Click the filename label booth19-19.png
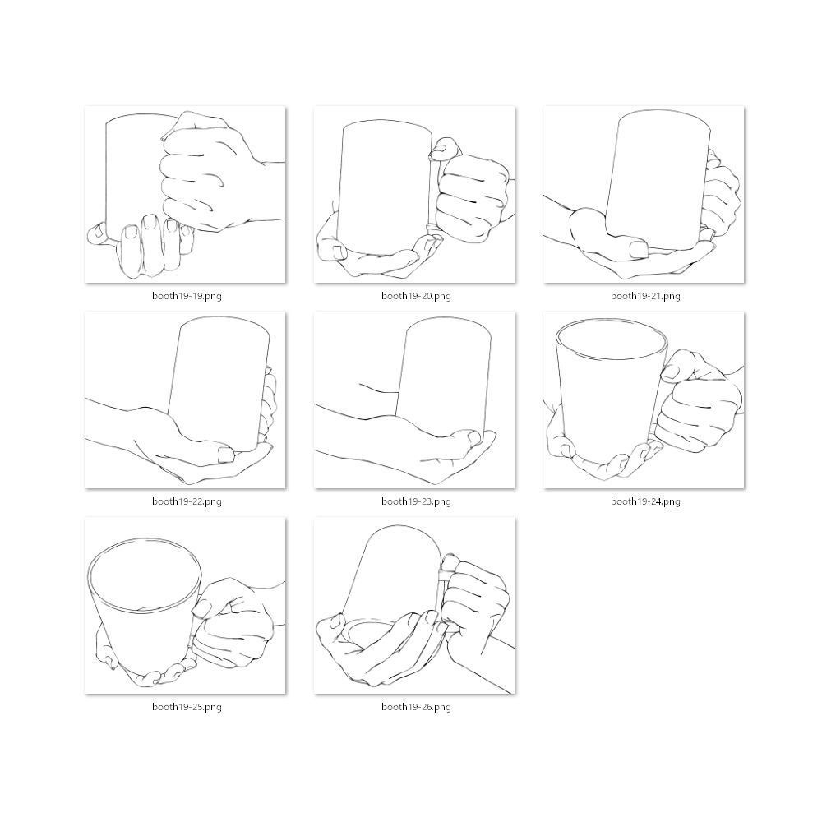[186, 296]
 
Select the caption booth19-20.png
[415, 296]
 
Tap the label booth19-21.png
[644, 296]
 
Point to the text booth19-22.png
[186, 501]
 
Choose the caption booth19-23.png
[415, 501]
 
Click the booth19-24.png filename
[644, 501]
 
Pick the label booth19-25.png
[186, 707]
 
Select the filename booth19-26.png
[415, 707]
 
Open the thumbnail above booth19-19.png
[186, 195]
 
